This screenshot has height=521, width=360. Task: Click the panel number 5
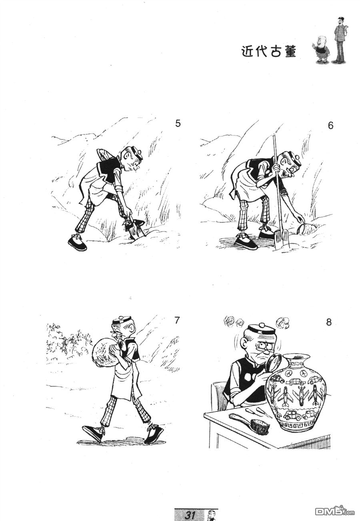tap(178, 124)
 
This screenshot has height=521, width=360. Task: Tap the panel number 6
tap(330, 126)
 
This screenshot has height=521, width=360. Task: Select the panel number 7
tap(177, 321)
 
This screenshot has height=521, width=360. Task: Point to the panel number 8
tap(328, 322)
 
